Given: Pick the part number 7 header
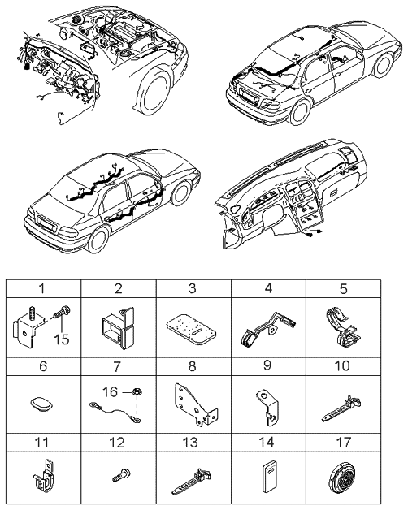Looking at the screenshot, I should [119, 366].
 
